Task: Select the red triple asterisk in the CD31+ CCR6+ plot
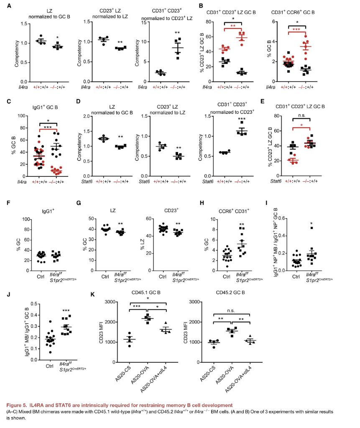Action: pos(296,29)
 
